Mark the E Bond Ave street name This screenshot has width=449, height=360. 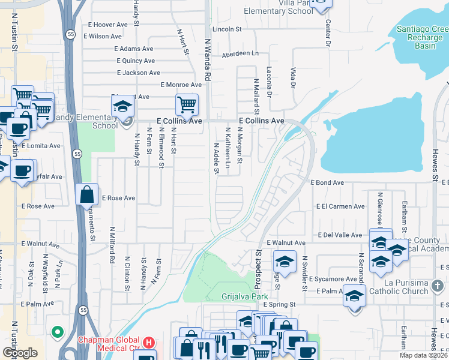click(x=327, y=182)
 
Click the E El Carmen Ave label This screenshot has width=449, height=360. click(x=340, y=206)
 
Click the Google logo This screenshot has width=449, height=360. click(x=20, y=353)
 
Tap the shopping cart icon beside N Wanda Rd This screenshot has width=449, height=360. click(x=187, y=105)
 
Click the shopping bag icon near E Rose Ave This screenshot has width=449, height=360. click(x=87, y=194)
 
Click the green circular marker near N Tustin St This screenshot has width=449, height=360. click(x=58, y=331)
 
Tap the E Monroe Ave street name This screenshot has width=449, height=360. click(x=181, y=85)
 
